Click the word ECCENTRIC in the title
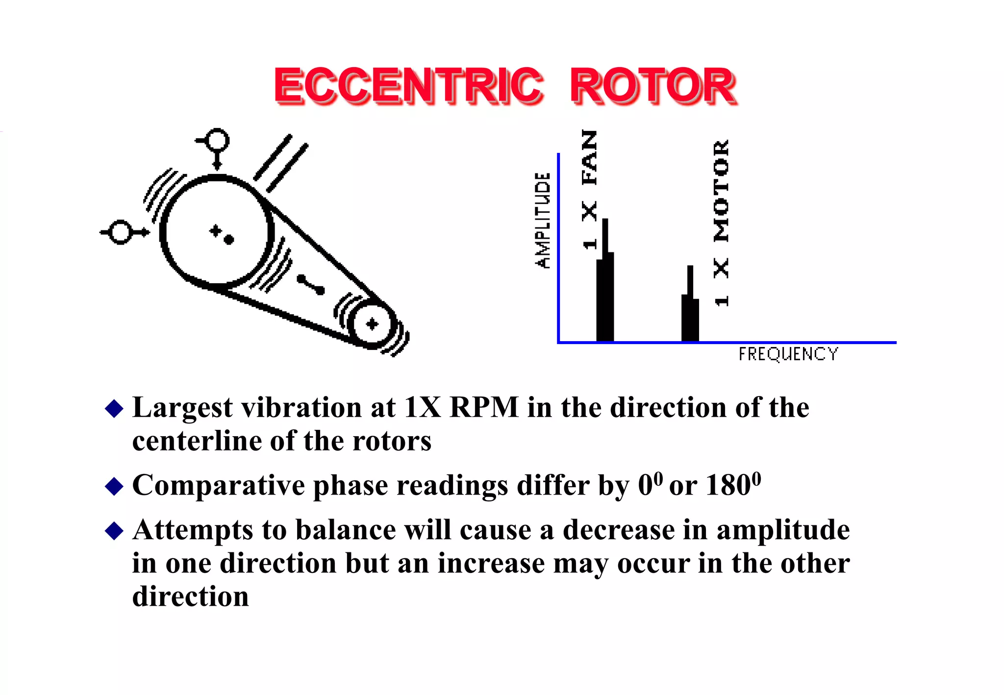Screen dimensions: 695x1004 [408, 86]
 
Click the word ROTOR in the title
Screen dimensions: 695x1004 [653, 86]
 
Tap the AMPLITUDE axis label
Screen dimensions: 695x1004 [542, 221]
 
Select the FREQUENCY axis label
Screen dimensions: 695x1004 [788, 354]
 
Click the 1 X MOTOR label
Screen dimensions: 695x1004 [721, 223]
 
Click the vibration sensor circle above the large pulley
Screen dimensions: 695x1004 [217, 140]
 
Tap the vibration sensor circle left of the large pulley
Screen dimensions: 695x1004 [120, 232]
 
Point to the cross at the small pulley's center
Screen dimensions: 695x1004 [372, 324]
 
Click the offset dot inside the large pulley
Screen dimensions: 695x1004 [228, 239]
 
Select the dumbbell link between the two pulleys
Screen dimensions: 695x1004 [311, 285]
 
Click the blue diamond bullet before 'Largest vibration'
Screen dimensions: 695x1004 [114, 408]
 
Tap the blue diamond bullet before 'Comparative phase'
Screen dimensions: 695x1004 [114, 486]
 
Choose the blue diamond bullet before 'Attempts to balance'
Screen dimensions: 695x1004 [114, 531]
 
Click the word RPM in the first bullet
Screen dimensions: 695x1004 [484, 407]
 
